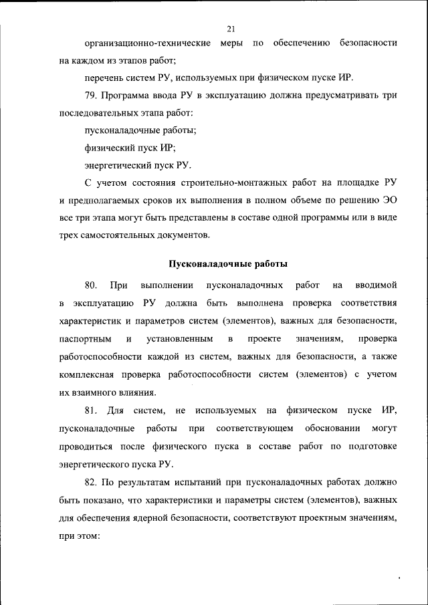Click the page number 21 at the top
231,28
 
